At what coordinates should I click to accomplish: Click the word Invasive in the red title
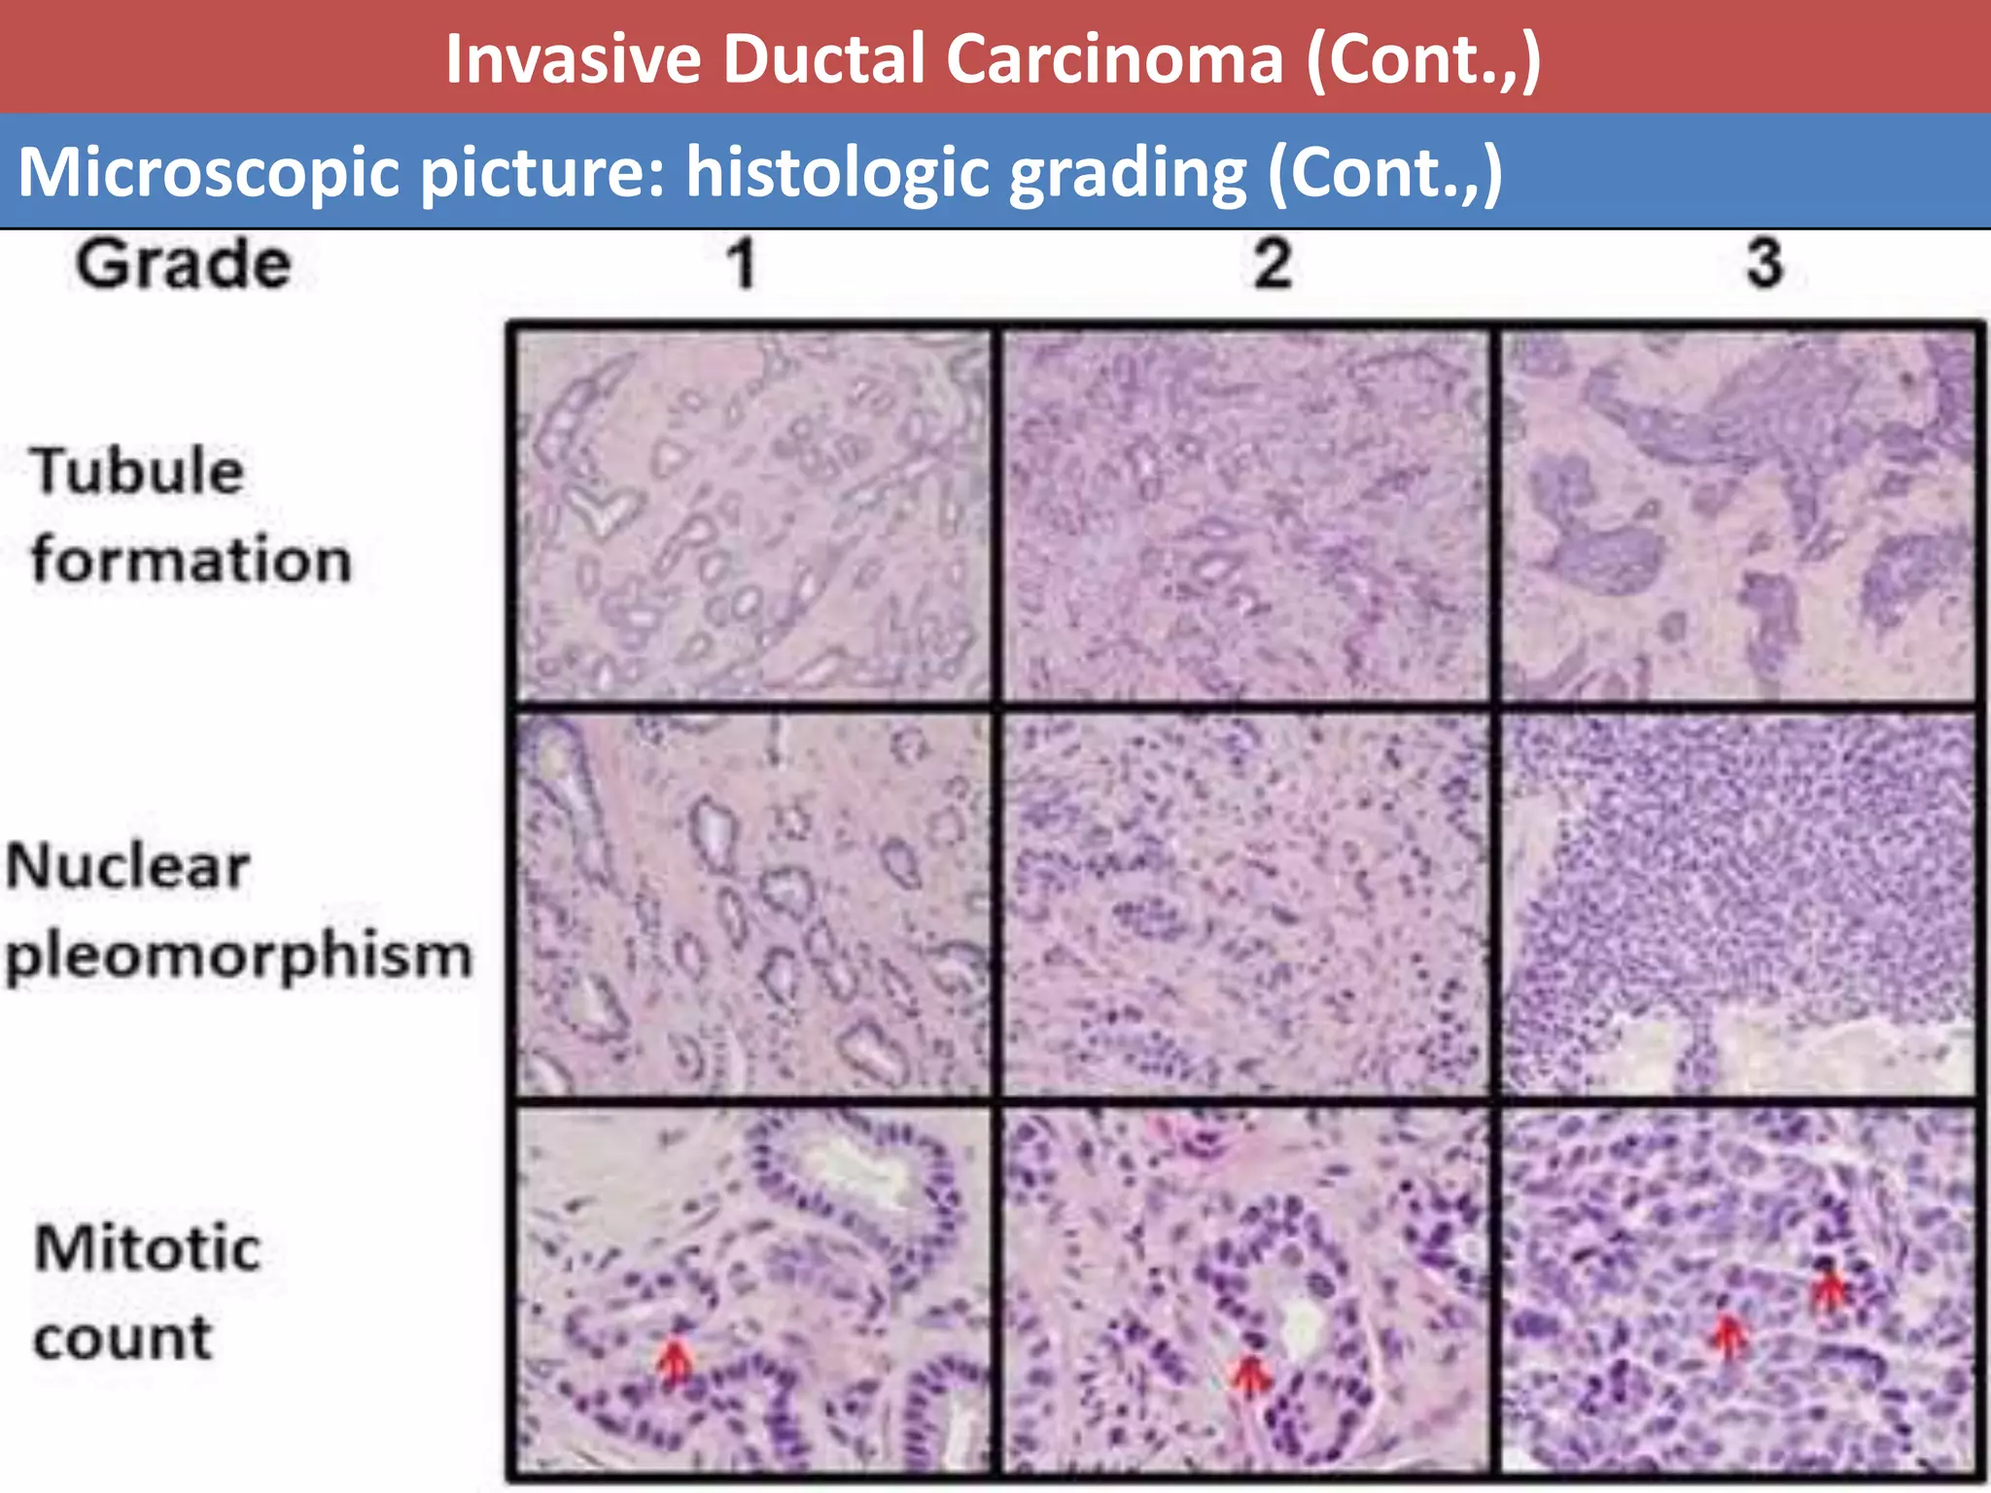[573, 59]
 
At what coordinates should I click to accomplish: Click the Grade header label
[184, 264]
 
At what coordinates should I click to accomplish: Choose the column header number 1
[743, 264]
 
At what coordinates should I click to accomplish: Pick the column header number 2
[1273, 264]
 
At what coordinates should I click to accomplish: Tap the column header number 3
[1764, 264]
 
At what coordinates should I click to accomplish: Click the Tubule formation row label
[190, 515]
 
